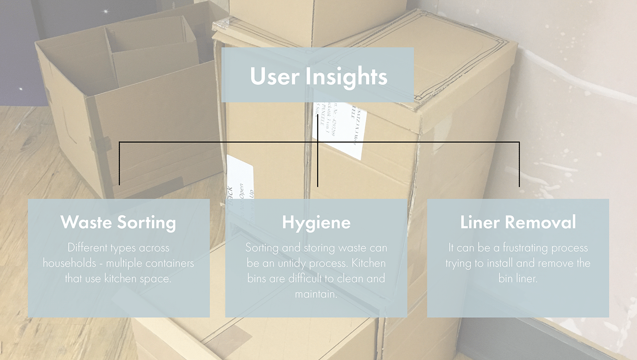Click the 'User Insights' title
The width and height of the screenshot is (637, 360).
point(318,76)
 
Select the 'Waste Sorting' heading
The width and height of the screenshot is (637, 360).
point(118,223)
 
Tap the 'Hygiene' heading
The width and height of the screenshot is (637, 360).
point(316,223)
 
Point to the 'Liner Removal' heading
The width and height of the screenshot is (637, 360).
point(518,223)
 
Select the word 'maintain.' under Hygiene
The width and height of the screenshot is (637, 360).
point(316,294)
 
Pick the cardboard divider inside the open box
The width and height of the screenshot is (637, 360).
point(150,59)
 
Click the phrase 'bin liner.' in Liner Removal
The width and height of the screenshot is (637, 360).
point(518,279)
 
